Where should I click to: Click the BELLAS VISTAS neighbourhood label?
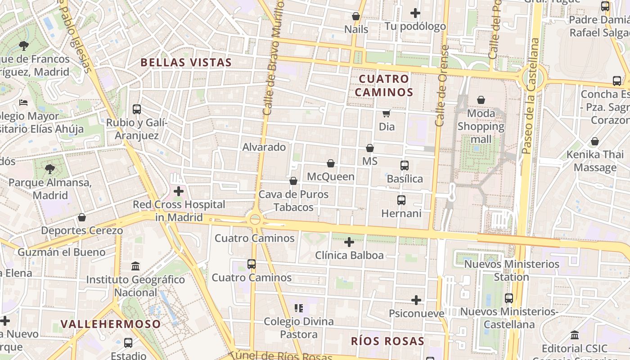point(186,63)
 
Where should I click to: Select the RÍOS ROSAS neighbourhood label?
point(387,341)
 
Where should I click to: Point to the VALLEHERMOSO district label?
point(111,324)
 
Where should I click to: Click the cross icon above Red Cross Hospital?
point(179,191)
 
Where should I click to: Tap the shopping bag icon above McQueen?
point(331,163)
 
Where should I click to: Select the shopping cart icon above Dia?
point(386,113)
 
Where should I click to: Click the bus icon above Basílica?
point(405,166)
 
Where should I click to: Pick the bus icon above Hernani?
point(401,200)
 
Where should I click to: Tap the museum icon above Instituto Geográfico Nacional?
point(135,266)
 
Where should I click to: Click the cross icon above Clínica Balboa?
point(349,242)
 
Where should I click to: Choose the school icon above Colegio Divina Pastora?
point(299,308)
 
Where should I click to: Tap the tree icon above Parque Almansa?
point(50,169)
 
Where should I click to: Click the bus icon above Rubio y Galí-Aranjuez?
point(137,109)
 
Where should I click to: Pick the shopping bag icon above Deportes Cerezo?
point(82,218)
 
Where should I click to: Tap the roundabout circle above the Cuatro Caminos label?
point(255,220)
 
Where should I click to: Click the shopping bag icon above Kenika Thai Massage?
point(595,142)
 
